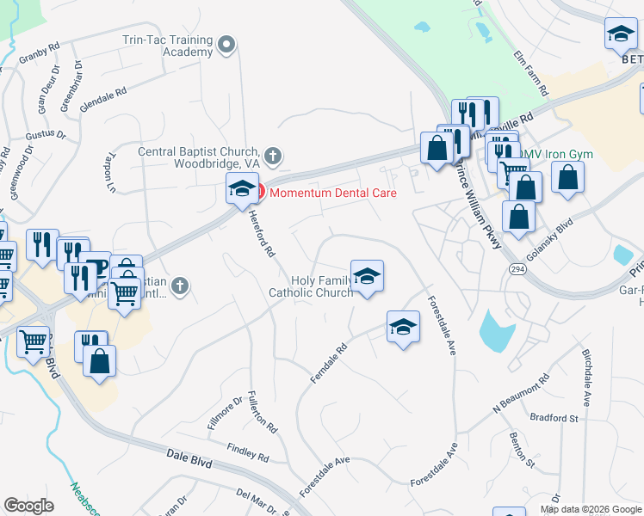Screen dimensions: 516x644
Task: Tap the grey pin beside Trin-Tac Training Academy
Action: [226, 44]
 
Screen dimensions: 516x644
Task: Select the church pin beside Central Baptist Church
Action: [273, 157]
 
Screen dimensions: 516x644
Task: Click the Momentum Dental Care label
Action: [332, 193]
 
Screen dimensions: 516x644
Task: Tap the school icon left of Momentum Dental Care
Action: [242, 188]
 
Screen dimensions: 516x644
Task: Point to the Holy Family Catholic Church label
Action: [312, 286]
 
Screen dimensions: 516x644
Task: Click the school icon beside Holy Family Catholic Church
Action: [367, 277]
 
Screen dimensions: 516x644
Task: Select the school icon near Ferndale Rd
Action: [403, 328]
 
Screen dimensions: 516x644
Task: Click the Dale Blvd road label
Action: [189, 461]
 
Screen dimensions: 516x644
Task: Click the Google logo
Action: [29, 506]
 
